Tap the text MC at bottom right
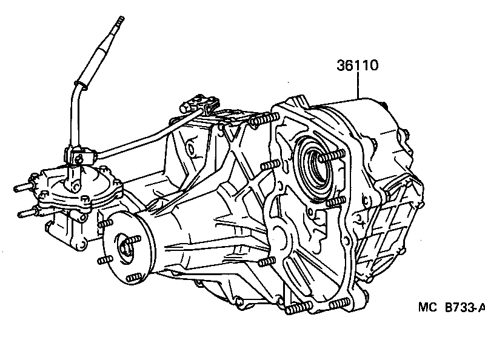428,308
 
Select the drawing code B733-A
466,308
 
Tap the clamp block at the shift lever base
78,156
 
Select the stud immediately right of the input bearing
332,158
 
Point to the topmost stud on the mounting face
256,121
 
